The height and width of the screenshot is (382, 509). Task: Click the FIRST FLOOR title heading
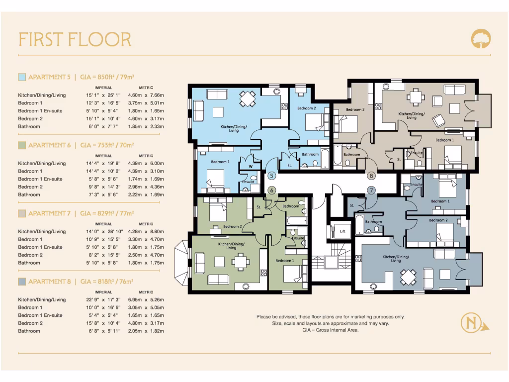click(x=75, y=39)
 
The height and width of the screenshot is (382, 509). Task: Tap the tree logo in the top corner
click(x=481, y=38)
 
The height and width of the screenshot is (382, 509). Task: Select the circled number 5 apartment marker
click(x=271, y=176)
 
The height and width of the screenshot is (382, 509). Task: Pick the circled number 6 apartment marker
click(x=271, y=190)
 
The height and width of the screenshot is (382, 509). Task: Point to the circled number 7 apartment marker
click(x=371, y=190)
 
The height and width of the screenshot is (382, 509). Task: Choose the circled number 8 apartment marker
click(x=371, y=176)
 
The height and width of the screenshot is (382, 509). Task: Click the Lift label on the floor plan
click(x=342, y=231)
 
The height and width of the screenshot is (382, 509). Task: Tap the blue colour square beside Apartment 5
click(x=22, y=77)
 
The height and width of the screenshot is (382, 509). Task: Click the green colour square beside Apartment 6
click(x=22, y=145)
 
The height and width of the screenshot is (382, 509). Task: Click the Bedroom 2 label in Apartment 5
click(x=307, y=108)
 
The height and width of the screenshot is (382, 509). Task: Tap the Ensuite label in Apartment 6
click(x=298, y=238)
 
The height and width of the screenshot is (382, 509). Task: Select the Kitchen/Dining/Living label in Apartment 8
click(x=396, y=259)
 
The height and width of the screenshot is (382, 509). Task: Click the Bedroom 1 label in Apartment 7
click(x=444, y=140)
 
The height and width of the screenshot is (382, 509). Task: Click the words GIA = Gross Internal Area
click(x=330, y=330)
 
